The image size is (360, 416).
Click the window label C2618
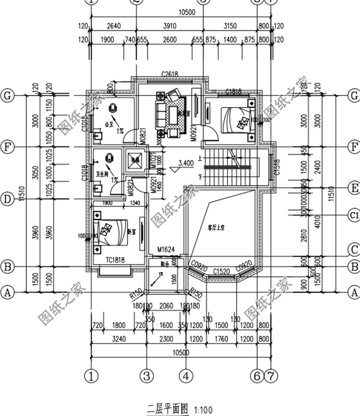pyautogui.click(x=170, y=73)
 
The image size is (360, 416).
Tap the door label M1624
pyautogui.click(x=166, y=250)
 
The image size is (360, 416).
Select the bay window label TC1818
pyautogui.click(x=115, y=260)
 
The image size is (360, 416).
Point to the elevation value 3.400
pyautogui.click(x=186, y=163)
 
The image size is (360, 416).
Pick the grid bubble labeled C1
pyautogui.click(x=354, y=214)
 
